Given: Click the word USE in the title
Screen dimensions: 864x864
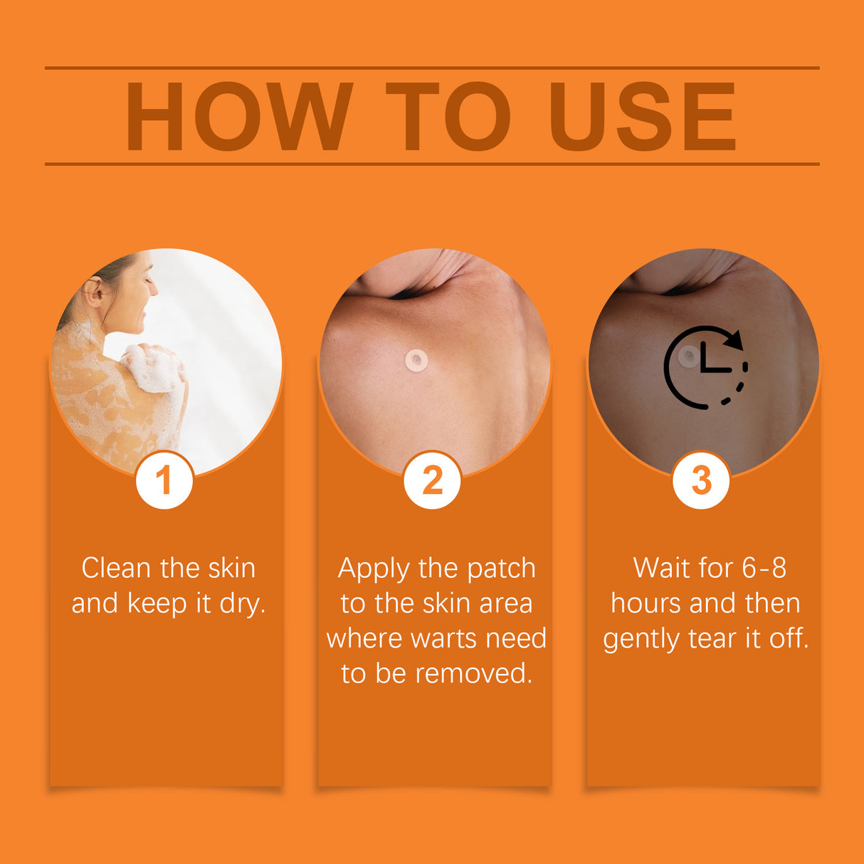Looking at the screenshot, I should coord(642,117).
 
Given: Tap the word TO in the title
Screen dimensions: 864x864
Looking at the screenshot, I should coord(448,117).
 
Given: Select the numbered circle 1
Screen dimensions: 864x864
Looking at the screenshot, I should coord(164,480).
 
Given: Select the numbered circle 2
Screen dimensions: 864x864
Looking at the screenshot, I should coord(432,480).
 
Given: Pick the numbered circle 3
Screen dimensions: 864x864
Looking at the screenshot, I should coord(701,480).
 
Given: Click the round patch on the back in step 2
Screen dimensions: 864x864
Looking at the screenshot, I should coord(416,359).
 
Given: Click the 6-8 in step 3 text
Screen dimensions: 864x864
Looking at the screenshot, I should coord(764,568).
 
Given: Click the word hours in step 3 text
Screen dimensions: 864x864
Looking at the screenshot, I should coord(646,604).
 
